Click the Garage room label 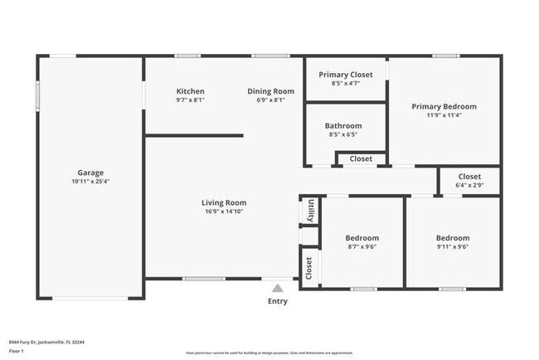[90, 173]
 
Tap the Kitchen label [190, 91]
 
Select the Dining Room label [271, 91]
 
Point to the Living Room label [224, 202]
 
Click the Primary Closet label [344, 75]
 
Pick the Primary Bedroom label [444, 106]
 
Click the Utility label [310, 211]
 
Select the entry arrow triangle [277, 288]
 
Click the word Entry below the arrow [277, 301]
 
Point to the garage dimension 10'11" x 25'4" [90, 182]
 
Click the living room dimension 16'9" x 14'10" [224, 212]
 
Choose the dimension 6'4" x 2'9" [469, 185]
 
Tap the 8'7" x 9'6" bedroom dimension [362, 246]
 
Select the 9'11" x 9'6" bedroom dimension [453, 246]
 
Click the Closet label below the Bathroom [361, 158]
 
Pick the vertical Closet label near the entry [309, 268]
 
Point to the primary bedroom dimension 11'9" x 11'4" [444, 115]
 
